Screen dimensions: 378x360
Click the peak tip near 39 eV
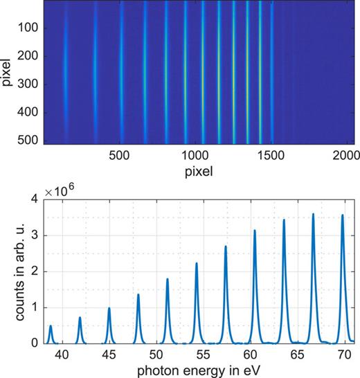pyautogui.click(x=51, y=325)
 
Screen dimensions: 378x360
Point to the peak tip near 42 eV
pyautogui.click(x=80, y=318)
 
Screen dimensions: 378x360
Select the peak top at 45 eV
pyautogui.click(x=109, y=308)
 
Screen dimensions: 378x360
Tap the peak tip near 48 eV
pyautogui.click(x=138, y=295)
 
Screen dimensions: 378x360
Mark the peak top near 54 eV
pyautogui.click(x=197, y=263)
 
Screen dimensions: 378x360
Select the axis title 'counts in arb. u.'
pyautogui.click(x=11, y=271)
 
